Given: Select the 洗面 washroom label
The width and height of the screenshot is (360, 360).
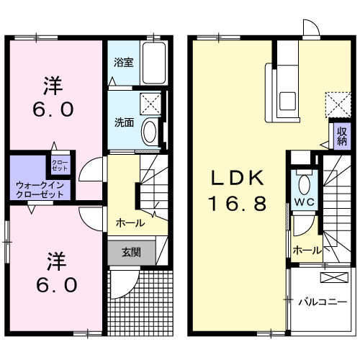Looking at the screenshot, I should coord(122,122).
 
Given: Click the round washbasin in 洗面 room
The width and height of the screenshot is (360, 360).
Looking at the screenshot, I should coord(149,132).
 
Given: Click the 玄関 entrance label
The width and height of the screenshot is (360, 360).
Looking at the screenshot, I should coord(130,252).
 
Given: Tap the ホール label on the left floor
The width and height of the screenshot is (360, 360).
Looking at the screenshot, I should coord(130,223).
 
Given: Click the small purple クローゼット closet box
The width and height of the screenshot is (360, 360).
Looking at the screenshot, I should coord(59,164).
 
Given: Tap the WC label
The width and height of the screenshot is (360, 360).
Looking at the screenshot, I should coord(302,202).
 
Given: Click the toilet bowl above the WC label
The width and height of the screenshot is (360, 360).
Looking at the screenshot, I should coord(302,181).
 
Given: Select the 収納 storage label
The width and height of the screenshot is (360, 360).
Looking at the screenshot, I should coord(341,135).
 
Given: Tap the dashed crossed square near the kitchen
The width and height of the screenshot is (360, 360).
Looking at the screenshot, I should coord(335,103).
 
